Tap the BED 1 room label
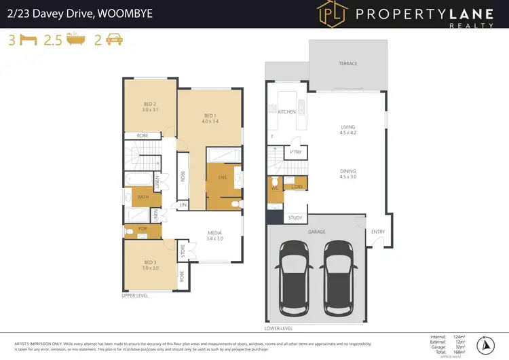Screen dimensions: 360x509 pyautogui.click(x=210, y=116)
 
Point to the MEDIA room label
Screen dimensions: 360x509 pyautogui.click(x=216, y=233)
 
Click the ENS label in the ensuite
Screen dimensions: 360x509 pyautogui.click(x=222, y=178)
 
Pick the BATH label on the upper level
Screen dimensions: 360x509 pyautogui.click(x=143, y=198)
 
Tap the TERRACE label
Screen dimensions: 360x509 pyautogui.click(x=348, y=64)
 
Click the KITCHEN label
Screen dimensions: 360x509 pyautogui.click(x=286, y=111)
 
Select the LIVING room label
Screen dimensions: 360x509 pyautogui.click(x=348, y=127)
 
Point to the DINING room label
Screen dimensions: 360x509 pyautogui.click(x=348, y=173)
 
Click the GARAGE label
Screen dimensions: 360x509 pyautogui.click(x=316, y=232)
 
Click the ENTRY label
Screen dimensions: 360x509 pyautogui.click(x=378, y=232)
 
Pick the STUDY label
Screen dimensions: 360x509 pyautogui.click(x=295, y=218)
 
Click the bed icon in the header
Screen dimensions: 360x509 pyautogui.click(x=27, y=41)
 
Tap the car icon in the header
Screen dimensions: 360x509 pyautogui.click(x=114, y=41)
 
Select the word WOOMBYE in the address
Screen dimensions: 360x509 pyautogui.click(x=132, y=13)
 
